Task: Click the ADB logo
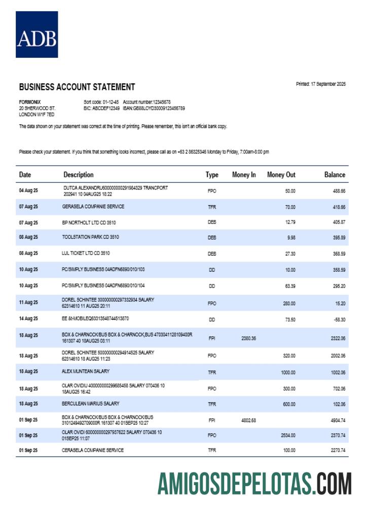[36, 35]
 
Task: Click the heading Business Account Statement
[77, 87]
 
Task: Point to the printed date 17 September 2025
[320, 84]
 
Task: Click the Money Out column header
[281, 175]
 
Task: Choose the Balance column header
[335, 175]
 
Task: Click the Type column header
[212, 175]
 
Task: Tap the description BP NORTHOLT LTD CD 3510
[89, 223]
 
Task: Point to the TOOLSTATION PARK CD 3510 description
[91, 237]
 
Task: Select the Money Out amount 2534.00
[287, 435]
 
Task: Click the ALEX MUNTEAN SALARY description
[86, 371]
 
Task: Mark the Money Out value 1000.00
[287, 373]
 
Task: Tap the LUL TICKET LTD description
[86, 252]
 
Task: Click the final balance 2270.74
[337, 451]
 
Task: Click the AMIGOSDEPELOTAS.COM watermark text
[254, 483]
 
